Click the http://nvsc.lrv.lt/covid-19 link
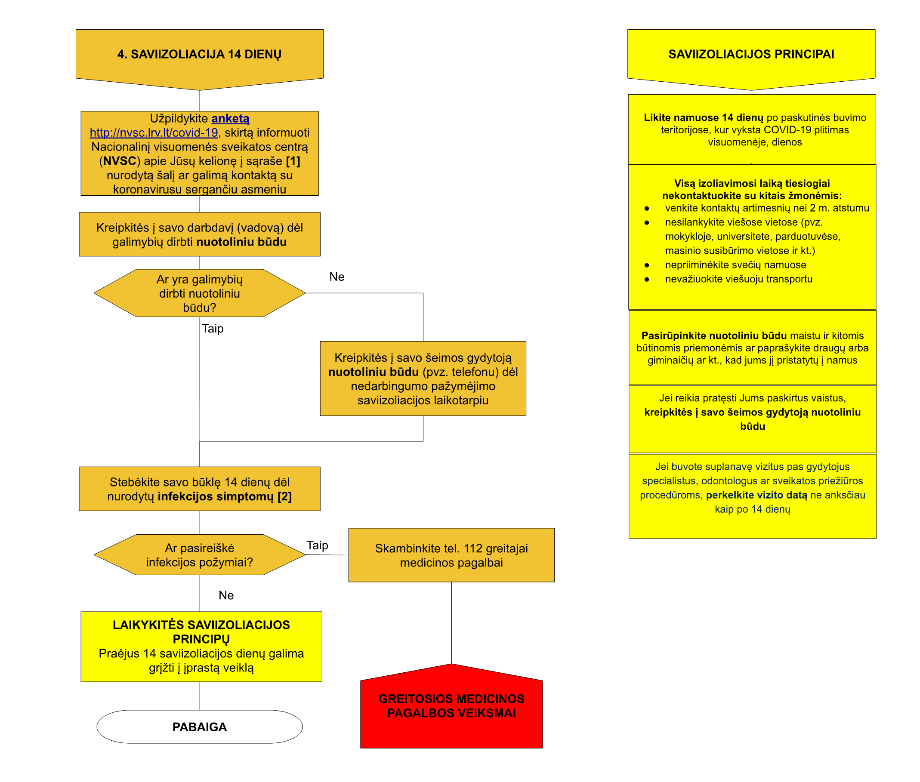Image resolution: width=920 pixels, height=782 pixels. pyautogui.click(x=154, y=132)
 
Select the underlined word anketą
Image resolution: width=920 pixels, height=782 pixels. pyautogui.click(x=230, y=118)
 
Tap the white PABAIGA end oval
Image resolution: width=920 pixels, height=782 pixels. pyautogui.click(x=200, y=727)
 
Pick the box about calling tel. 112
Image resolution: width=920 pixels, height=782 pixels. pyautogui.click(x=451, y=555)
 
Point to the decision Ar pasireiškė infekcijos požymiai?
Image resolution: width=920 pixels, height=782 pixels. pyautogui.click(x=200, y=554)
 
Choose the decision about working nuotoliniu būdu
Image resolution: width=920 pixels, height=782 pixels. pyautogui.click(x=200, y=293)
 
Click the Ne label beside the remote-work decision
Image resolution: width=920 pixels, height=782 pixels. pyautogui.click(x=337, y=277)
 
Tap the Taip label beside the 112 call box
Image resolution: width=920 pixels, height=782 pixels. pyautogui.click(x=318, y=545)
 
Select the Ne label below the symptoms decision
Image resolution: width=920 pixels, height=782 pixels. pyautogui.click(x=226, y=595)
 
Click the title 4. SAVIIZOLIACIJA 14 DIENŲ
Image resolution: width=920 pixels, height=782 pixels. pyautogui.click(x=200, y=54)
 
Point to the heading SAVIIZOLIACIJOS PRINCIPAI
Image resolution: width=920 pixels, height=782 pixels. pyautogui.click(x=751, y=54)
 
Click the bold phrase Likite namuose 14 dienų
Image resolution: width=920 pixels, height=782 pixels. pyautogui.click(x=704, y=117)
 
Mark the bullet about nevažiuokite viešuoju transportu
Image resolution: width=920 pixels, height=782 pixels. pyautogui.click(x=739, y=279)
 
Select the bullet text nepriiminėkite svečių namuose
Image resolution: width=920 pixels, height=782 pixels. pyautogui.click(x=735, y=265)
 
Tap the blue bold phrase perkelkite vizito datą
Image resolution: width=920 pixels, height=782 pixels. pyautogui.click(x=756, y=495)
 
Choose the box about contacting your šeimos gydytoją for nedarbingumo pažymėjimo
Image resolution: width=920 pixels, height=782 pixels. pyautogui.click(x=423, y=379)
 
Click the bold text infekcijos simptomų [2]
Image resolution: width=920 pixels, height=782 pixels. pyautogui.click(x=225, y=496)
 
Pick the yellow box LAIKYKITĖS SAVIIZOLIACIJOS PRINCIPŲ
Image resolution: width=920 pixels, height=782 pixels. pyautogui.click(x=201, y=647)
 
